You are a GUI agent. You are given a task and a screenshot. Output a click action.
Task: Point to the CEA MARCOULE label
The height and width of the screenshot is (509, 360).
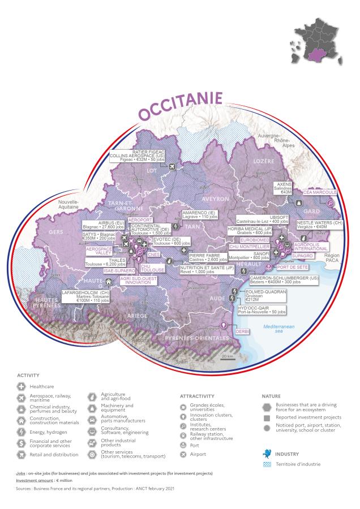320,192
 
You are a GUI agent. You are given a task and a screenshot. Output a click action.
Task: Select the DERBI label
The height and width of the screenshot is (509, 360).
242,331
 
